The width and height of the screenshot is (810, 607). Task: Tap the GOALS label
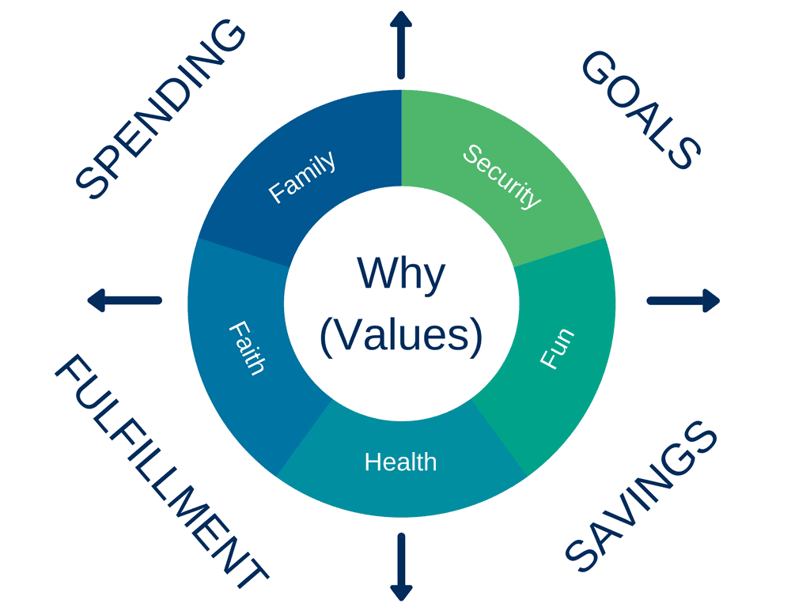pyautogui.click(x=641, y=109)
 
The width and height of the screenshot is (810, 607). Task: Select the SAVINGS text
pyautogui.click(x=641, y=496)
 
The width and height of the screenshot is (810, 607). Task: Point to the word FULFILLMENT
pyautogui.click(x=161, y=471)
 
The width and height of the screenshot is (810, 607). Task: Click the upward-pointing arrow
pyautogui.click(x=401, y=45)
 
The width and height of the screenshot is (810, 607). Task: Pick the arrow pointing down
pyautogui.click(x=401, y=567)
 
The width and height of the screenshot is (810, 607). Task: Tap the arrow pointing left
pyautogui.click(x=124, y=300)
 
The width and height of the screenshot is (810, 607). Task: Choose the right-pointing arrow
pyautogui.click(x=683, y=300)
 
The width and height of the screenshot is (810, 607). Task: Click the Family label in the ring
pyautogui.click(x=302, y=176)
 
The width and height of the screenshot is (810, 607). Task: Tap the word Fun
pyautogui.click(x=557, y=349)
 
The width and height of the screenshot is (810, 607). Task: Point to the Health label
pyautogui.click(x=401, y=462)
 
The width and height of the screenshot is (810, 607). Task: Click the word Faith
pyautogui.click(x=247, y=348)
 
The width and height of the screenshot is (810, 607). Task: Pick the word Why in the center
pyautogui.click(x=401, y=273)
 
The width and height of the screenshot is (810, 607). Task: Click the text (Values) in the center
pyautogui.click(x=401, y=335)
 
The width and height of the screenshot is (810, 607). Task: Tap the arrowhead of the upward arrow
pyautogui.click(x=401, y=19)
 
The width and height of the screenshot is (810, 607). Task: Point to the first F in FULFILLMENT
pyautogui.click(x=70, y=370)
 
